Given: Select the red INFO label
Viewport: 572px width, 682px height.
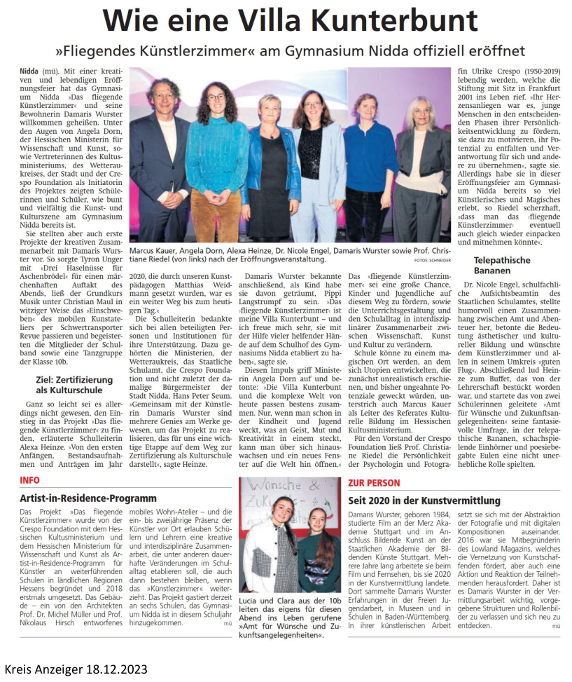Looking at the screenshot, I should (30, 480).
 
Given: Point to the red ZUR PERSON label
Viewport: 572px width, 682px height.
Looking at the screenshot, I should (375, 483).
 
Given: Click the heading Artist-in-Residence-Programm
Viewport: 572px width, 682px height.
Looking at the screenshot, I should (88, 498).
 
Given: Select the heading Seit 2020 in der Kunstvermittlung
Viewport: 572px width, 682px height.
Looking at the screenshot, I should (424, 500).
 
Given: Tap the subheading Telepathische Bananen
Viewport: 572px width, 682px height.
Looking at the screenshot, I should (491, 265).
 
